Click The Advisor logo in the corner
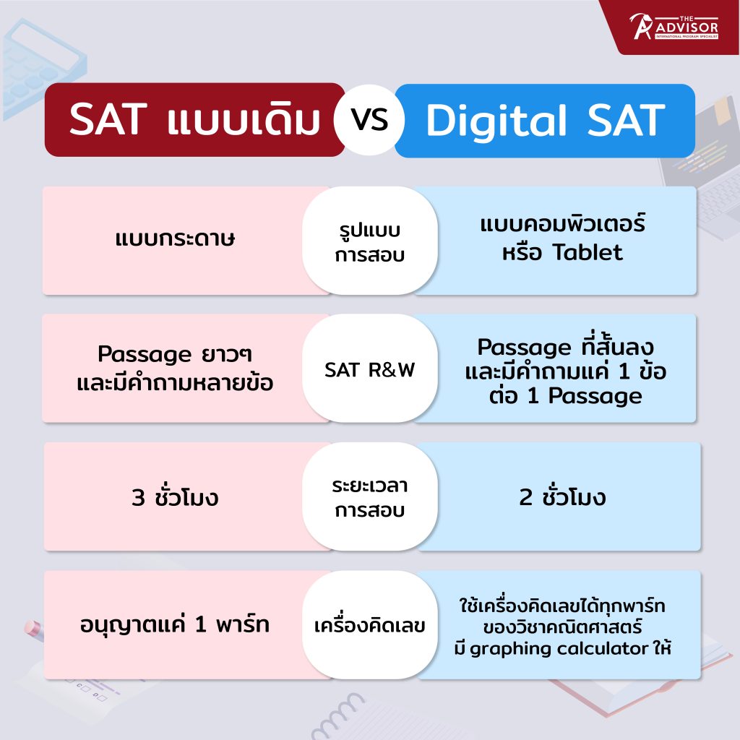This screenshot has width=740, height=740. (x=674, y=27)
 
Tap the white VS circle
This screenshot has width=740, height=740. (x=369, y=120)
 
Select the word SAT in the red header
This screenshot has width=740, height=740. (x=108, y=119)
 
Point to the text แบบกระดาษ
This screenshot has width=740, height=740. (x=175, y=238)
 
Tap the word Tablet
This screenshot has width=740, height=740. (x=588, y=252)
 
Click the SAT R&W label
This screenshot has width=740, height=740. (x=369, y=370)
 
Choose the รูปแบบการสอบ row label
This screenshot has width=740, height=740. (x=369, y=242)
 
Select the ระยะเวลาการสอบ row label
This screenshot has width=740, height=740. (x=369, y=497)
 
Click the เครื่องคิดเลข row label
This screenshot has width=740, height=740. (x=369, y=626)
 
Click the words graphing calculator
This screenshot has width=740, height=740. (x=559, y=649)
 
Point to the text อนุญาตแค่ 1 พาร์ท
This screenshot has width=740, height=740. (x=175, y=623)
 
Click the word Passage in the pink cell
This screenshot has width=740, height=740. (x=145, y=354)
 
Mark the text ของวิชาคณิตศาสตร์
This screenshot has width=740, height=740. (x=562, y=627)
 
